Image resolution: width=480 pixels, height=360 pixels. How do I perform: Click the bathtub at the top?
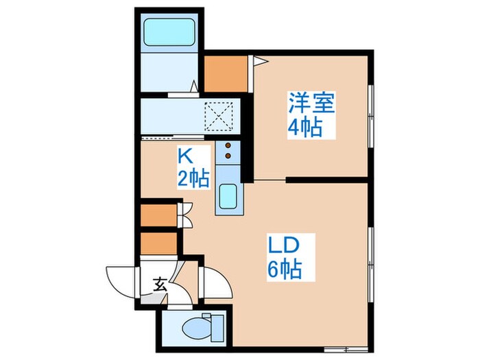(169, 32)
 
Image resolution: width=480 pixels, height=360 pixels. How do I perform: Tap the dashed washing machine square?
(221, 116)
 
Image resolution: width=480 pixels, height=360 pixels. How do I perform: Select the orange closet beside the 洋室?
(226, 75)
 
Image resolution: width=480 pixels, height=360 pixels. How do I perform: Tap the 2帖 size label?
(193, 180)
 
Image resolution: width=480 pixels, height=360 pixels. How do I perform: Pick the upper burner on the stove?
(227, 147)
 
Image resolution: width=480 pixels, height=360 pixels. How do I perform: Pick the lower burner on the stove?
(227, 160)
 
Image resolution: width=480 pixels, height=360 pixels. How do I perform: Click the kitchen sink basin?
(227, 197)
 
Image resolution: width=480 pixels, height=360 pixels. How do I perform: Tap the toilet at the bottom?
(203, 327)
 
